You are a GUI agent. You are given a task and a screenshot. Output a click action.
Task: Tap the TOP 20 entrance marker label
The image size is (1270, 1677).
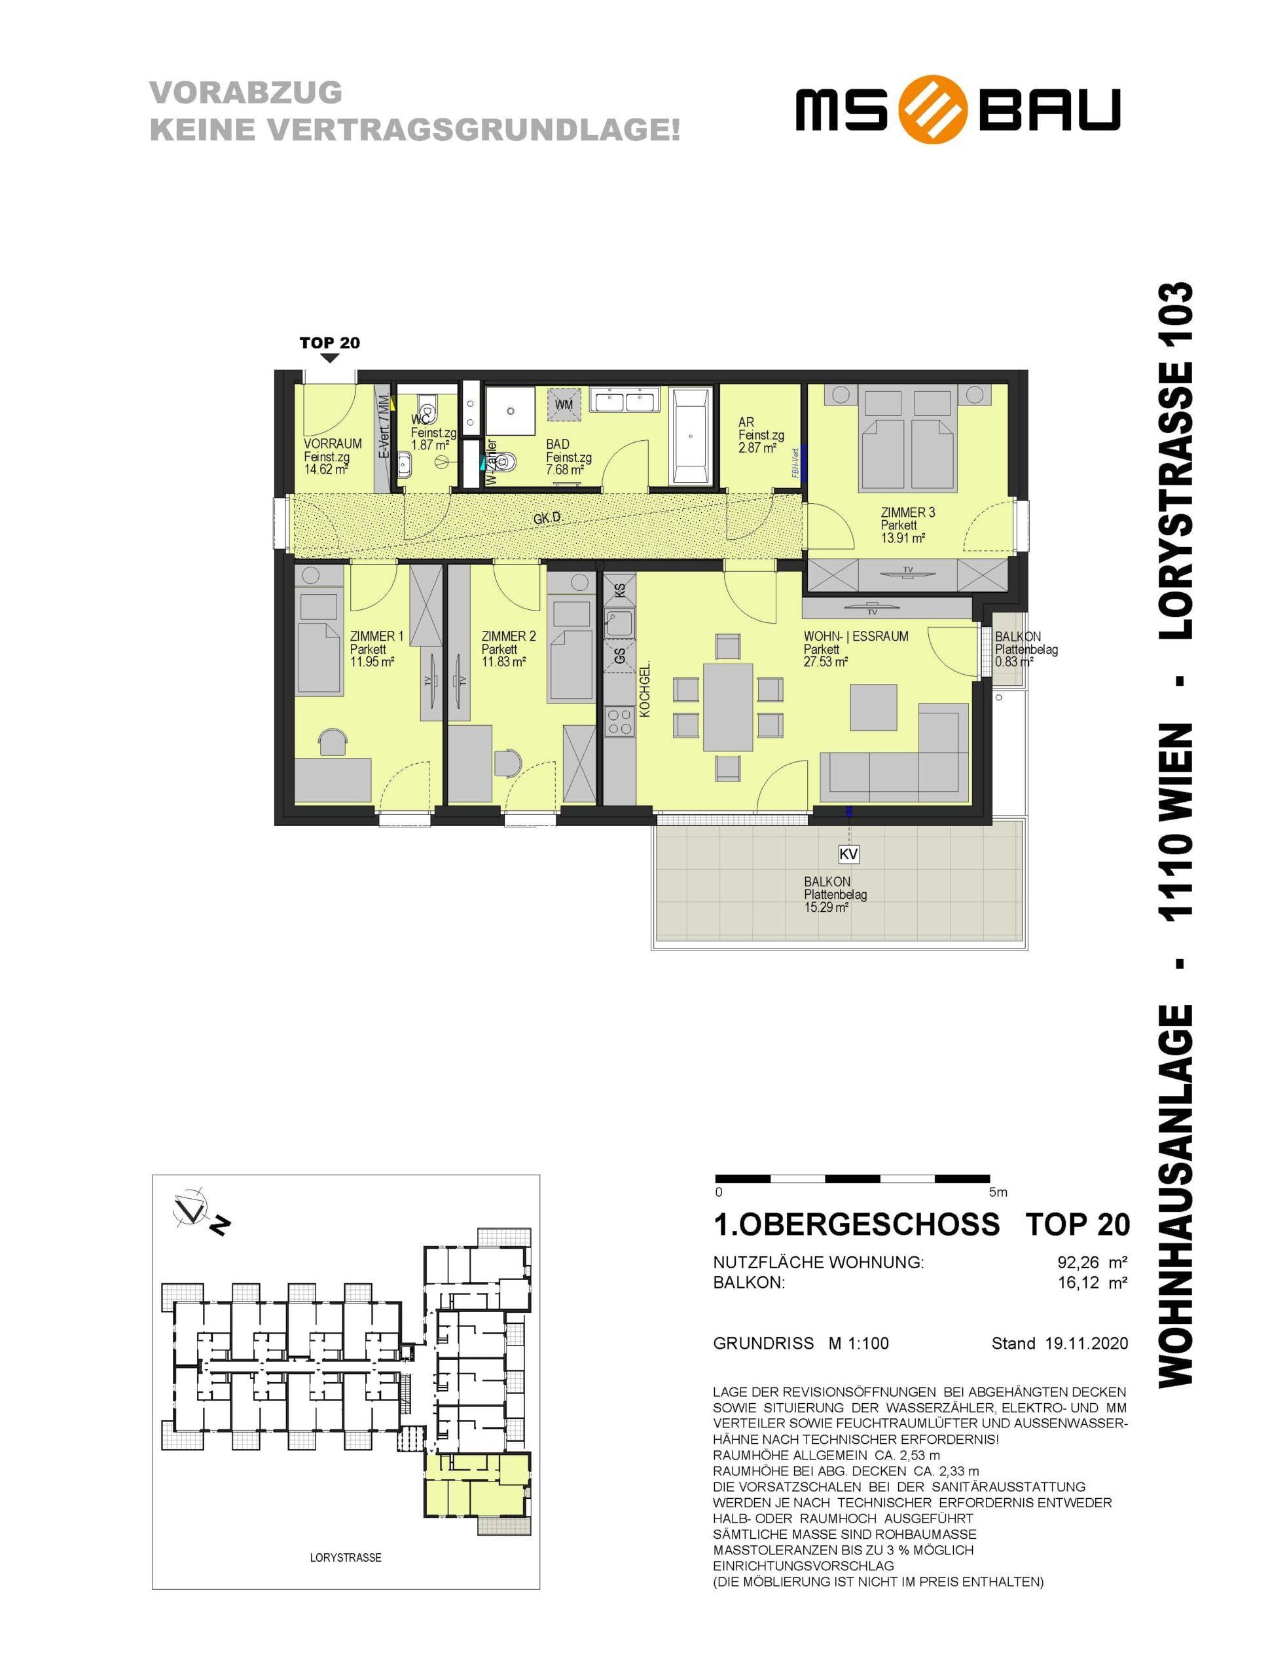[330, 343]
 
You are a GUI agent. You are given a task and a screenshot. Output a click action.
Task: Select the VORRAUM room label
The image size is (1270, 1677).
[333, 443]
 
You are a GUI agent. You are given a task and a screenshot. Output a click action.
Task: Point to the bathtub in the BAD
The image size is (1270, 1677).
[691, 438]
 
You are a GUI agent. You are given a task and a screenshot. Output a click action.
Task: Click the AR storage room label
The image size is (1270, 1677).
[746, 423]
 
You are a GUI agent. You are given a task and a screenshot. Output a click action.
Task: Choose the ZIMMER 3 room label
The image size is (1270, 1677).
[908, 512]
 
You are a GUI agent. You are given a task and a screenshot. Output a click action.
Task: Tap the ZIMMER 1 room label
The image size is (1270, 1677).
[376, 636]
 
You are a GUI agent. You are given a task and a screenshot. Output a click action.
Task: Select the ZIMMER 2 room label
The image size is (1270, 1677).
[509, 636]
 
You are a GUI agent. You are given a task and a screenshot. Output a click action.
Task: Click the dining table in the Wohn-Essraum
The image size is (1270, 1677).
[727, 706]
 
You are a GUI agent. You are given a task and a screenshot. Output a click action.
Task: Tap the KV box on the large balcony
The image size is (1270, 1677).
[848, 854]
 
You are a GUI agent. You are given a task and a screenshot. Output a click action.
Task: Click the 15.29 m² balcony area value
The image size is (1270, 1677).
[826, 907]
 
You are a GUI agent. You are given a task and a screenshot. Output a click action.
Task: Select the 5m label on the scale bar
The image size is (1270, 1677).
[998, 1192]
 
